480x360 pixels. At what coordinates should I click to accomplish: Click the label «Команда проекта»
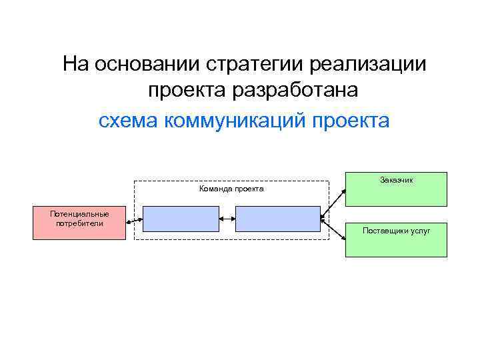tap(231, 189)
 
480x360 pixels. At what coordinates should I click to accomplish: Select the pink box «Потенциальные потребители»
tap(79, 223)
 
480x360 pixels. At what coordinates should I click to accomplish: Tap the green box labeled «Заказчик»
tap(396, 189)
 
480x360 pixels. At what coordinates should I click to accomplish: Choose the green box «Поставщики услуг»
tap(396, 240)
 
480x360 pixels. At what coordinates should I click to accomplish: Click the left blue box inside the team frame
tap(181, 219)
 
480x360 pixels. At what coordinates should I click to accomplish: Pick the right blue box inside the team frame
tap(278, 219)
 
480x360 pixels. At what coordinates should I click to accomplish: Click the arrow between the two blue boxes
tap(227, 217)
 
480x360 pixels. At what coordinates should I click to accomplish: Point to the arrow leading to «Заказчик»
tap(333, 202)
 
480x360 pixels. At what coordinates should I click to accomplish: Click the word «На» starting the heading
tap(76, 65)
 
